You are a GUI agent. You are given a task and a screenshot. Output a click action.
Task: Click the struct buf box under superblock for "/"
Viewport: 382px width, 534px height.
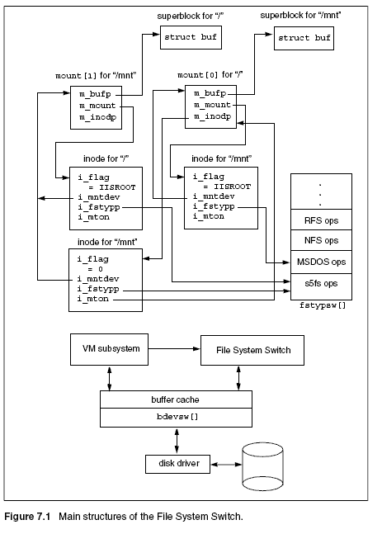pos(191,37)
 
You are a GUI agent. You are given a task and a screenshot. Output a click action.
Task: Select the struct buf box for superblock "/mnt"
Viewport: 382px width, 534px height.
pos(304,38)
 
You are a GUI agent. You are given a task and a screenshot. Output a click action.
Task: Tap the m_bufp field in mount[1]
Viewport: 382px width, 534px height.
pos(95,94)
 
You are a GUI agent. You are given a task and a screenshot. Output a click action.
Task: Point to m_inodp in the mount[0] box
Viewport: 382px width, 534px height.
pos(212,116)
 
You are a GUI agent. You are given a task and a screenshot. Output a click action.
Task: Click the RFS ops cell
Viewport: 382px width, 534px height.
pos(321,220)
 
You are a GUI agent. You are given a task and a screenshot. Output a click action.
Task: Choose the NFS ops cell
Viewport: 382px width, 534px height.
pos(321,240)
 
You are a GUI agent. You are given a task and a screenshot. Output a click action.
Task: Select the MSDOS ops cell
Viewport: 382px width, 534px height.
pos(321,262)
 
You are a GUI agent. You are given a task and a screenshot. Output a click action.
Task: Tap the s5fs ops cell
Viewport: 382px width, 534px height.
pos(321,283)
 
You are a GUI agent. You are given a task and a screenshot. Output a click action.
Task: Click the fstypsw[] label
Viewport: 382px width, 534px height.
pos(323,305)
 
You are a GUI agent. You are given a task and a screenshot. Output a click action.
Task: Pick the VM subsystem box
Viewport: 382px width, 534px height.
pos(109,349)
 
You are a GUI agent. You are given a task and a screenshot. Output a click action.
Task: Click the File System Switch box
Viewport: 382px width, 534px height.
pos(252,351)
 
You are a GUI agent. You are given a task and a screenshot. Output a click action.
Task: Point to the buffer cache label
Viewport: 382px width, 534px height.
pos(175,399)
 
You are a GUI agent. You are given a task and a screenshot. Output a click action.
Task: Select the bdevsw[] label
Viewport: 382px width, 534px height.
pos(177,417)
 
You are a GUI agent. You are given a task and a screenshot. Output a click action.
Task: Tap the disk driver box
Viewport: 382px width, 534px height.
pos(177,464)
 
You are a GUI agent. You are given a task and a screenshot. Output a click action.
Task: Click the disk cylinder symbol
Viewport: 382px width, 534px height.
pos(262,466)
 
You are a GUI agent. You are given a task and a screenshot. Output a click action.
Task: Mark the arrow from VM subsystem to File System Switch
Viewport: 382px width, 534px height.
pos(174,349)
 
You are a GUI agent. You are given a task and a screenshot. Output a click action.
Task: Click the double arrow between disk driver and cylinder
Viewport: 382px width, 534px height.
pos(226,464)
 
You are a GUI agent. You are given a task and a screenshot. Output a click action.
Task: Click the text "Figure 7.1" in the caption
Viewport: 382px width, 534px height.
pos(27,517)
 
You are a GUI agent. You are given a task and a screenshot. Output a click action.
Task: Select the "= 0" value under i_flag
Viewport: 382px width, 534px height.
pos(96,269)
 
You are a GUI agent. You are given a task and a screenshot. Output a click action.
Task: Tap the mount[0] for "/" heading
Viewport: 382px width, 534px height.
pos(210,75)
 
